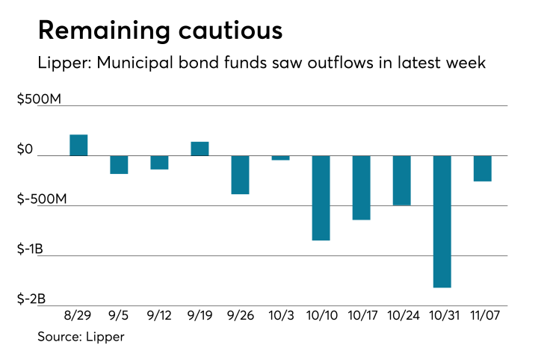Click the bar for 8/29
coord(78,145)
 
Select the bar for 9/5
coord(119,164)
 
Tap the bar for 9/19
coord(200,149)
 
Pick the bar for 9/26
coord(240,175)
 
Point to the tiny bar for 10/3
coord(280,158)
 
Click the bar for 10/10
coord(321,198)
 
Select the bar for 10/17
coord(361,187)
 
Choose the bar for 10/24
coord(401,180)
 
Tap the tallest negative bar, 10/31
coord(442,221)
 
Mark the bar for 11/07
coord(482,168)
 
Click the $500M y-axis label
coord(39,99)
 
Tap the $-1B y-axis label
coord(31,249)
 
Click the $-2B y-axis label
coord(31,299)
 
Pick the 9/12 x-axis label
coord(159,315)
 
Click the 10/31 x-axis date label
coord(442,315)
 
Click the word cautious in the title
coord(222,31)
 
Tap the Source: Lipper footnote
coord(81,337)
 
